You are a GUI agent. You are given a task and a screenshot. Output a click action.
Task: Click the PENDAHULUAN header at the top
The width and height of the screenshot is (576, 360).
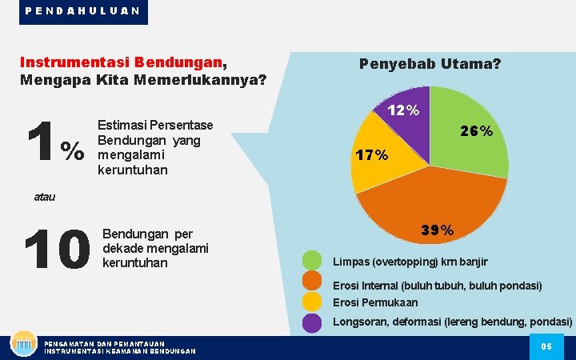coord(83,11)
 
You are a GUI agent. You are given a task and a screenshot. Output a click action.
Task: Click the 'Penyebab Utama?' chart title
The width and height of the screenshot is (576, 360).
coord(430,62)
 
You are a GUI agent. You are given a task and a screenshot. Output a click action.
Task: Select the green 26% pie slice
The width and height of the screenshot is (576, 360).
coord(469,132)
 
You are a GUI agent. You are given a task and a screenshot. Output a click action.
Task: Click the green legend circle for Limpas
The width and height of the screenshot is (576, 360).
coord(313,262)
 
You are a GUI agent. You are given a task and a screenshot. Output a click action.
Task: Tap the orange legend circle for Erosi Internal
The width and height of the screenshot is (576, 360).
coord(313,282)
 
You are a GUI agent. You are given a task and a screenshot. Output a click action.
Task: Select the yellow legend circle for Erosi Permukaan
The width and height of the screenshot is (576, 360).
coord(313,302)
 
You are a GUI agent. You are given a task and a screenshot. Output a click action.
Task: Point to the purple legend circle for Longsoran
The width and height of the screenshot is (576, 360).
coord(313,322)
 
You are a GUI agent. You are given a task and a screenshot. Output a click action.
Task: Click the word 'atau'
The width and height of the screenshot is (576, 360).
coord(46,196)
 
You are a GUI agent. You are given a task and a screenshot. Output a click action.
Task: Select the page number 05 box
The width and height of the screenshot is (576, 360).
coord(547,346)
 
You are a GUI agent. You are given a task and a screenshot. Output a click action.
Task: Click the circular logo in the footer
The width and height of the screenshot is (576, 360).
coord(23,344)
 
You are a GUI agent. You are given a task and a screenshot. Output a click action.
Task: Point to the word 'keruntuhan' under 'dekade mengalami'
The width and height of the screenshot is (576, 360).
coord(135,262)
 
